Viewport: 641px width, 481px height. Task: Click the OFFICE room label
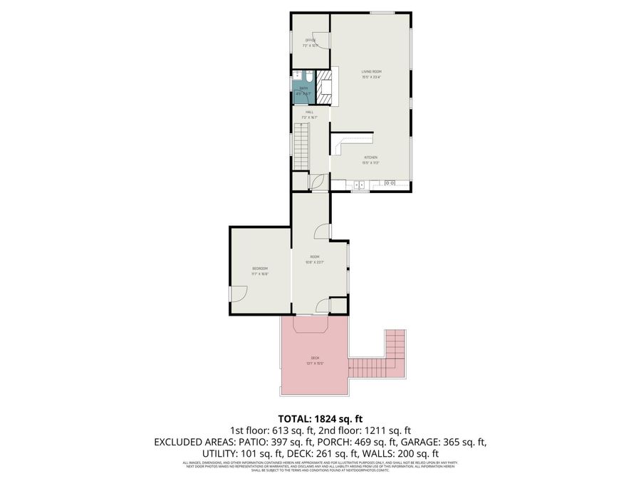[310, 40]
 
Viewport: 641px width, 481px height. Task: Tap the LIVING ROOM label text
[371, 72]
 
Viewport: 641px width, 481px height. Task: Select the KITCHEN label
[370, 157]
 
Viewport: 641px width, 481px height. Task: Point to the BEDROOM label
[259, 268]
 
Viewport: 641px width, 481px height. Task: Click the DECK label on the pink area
[315, 358]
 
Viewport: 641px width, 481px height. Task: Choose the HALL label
[310, 112]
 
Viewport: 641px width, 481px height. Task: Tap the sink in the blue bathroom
[298, 76]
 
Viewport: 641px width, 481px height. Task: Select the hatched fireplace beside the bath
[325, 84]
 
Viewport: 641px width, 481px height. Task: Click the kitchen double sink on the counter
[360, 185]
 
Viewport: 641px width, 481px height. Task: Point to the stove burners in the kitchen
[390, 184]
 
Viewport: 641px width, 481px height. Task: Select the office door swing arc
[322, 41]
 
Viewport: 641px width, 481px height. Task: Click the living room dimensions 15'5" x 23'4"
[371, 77]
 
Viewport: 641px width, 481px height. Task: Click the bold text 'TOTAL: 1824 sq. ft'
[320, 418]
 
